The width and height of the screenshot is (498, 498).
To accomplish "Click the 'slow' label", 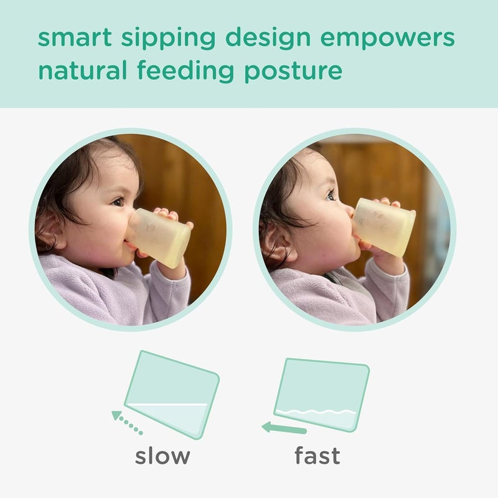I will pos(162,456).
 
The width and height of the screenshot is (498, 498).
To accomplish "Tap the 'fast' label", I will pos(317,456).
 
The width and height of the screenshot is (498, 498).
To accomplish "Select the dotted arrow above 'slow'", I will pos(127,422).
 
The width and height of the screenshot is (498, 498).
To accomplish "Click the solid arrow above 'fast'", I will pos(284,428).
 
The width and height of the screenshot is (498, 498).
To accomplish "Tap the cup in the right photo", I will pos(384,226).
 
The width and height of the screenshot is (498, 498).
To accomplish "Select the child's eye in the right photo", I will pos(330,195).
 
